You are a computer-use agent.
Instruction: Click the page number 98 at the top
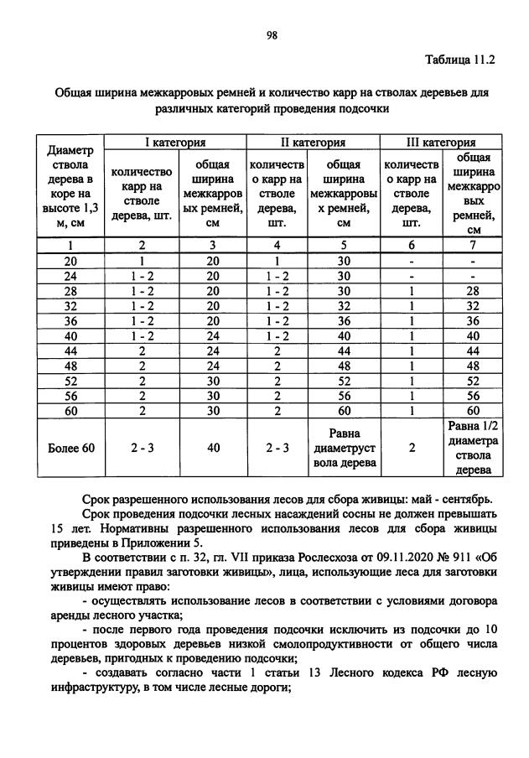pos(272,34)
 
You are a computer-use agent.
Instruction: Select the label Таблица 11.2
pos(461,60)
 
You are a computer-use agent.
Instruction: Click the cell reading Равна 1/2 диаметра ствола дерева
pos(474,448)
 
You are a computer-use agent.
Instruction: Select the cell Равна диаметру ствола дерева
pos(344,448)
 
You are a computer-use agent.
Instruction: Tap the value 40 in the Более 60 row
pos(213,448)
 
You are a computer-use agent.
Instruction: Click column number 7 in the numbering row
pos(474,245)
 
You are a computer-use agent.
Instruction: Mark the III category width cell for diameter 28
pos(474,290)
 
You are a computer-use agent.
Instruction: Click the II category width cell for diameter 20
pos(344,260)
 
